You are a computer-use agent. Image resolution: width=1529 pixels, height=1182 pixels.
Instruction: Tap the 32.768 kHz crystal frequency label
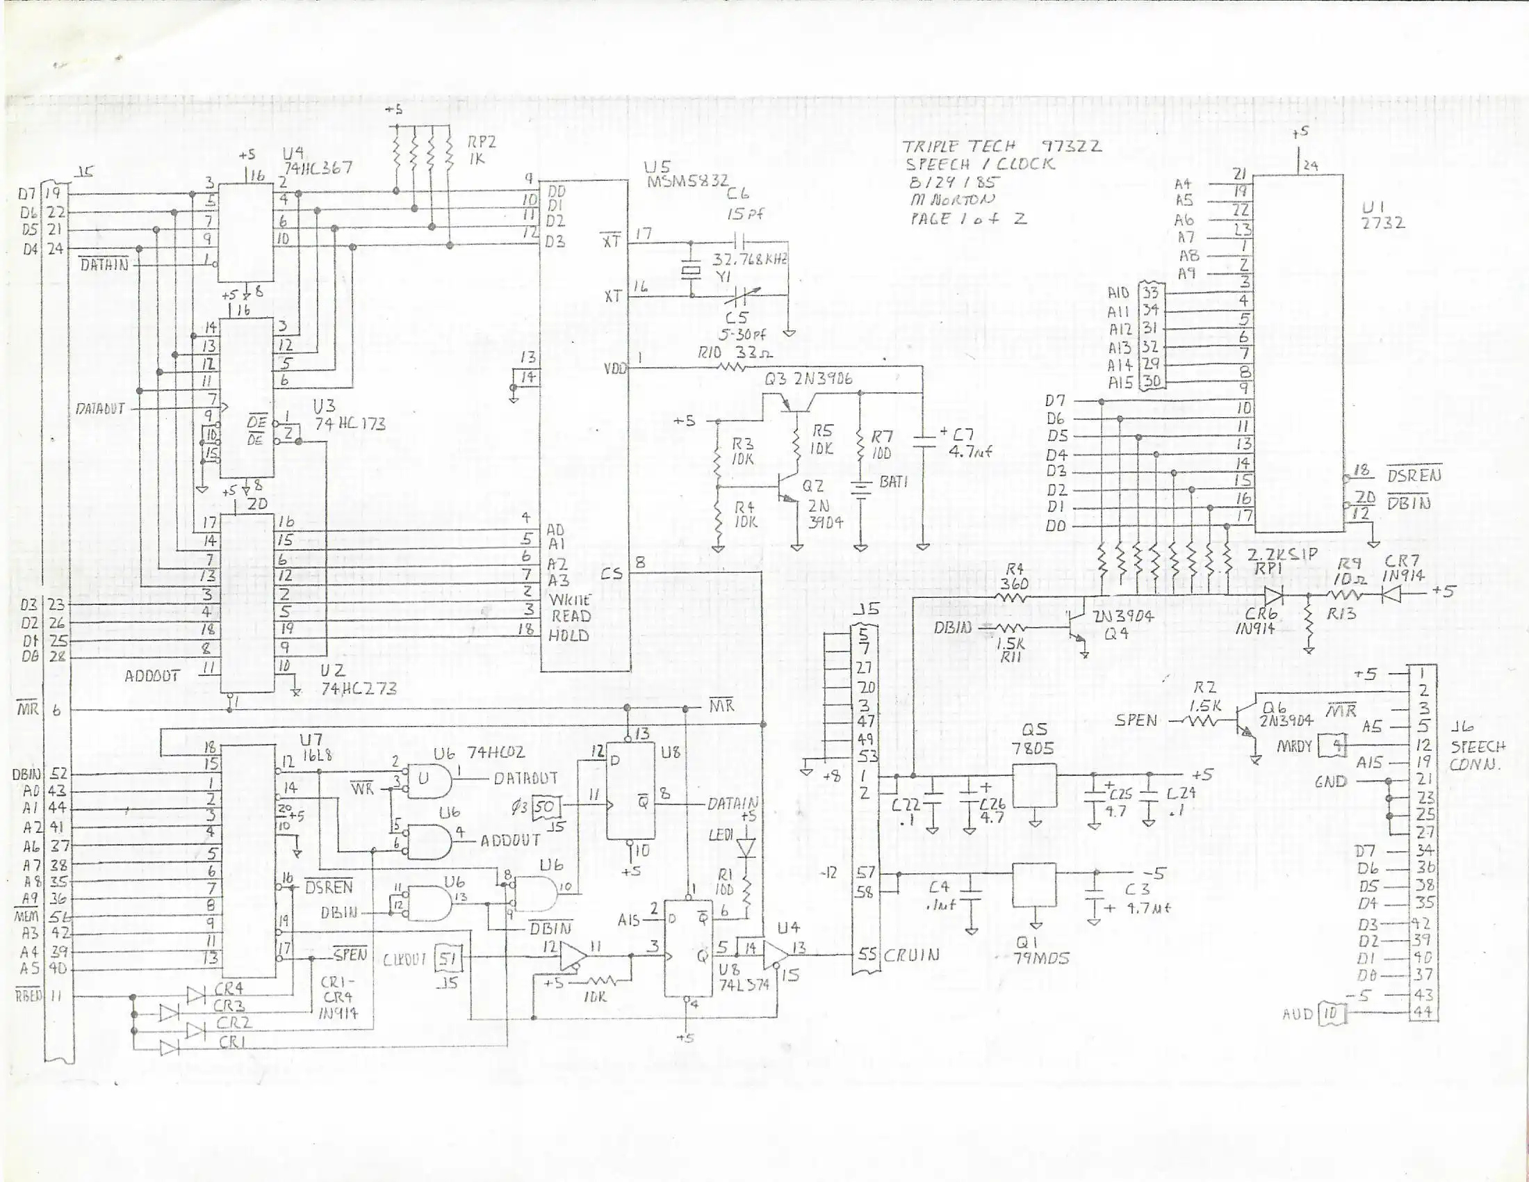pyautogui.click(x=750, y=259)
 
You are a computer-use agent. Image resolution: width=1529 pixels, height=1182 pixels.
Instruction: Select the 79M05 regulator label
pyautogui.click(x=1041, y=959)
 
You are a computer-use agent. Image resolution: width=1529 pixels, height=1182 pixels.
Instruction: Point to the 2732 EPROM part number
pyautogui.click(x=1383, y=223)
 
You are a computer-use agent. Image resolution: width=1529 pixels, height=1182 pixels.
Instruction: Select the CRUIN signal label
pyautogui.click(x=912, y=955)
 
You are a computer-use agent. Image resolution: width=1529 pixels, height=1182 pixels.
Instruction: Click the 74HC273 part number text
pyautogui.click(x=359, y=688)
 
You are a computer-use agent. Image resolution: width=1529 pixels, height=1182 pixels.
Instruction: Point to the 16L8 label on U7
pyautogui.click(x=311, y=754)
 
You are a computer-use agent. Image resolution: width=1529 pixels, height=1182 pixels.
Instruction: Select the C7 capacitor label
pyautogui.click(x=969, y=434)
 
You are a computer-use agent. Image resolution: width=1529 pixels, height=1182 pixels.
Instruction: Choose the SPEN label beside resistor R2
pyautogui.click(x=1136, y=720)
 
